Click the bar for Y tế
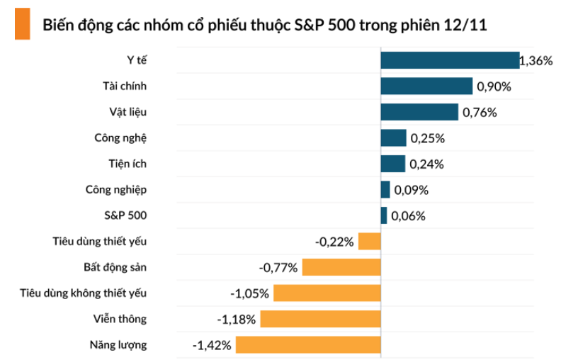[x=450, y=60]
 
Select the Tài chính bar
[x=426, y=86]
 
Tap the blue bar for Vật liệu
[x=419, y=112]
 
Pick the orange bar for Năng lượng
[x=308, y=345]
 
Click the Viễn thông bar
[x=320, y=319]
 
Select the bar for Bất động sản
[x=341, y=267]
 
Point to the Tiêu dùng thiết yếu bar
[x=369, y=242]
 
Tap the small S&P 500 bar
[x=384, y=215]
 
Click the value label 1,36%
[x=536, y=61]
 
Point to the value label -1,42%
[x=212, y=346]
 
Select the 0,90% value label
[x=494, y=87]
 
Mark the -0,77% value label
[x=278, y=268]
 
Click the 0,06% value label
[x=408, y=216]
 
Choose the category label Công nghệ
[x=120, y=138]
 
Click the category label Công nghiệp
[x=116, y=190]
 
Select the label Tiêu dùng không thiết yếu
[x=84, y=293]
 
